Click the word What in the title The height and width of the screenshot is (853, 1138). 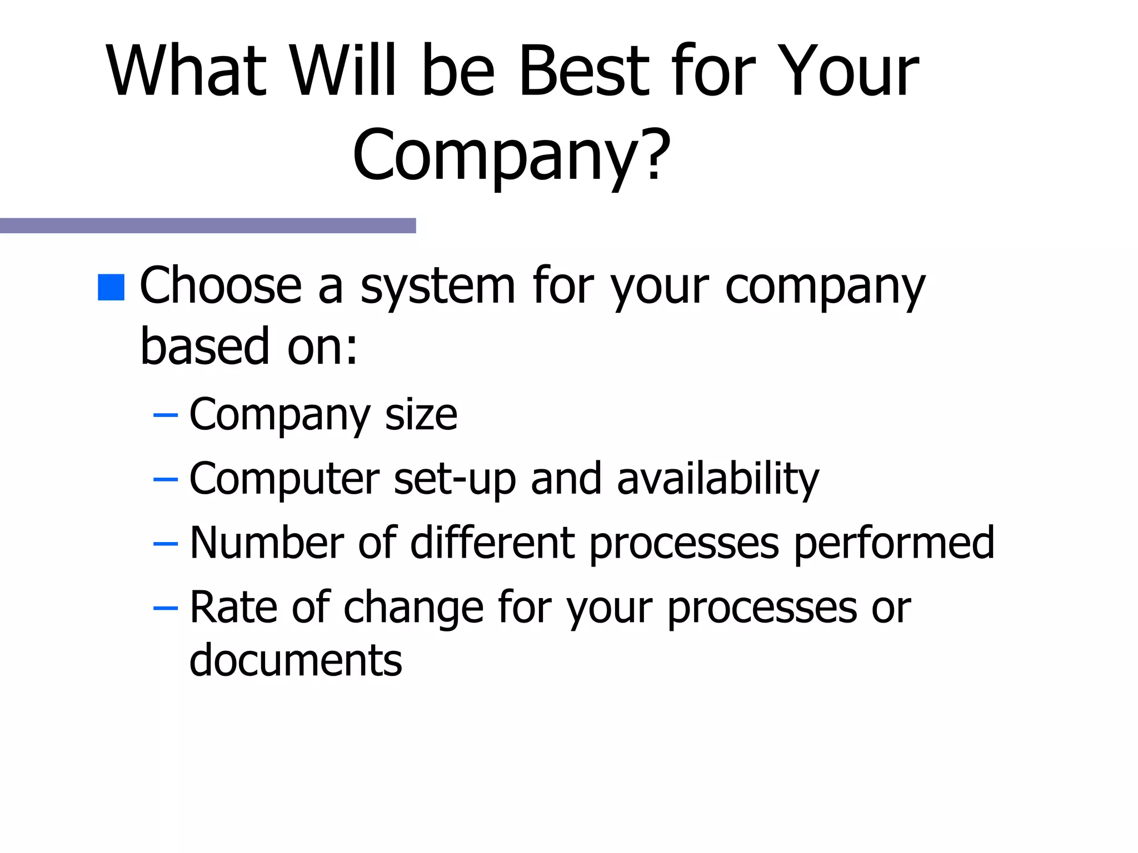pyautogui.click(x=187, y=71)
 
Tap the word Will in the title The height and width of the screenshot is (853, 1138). pyautogui.click(x=343, y=71)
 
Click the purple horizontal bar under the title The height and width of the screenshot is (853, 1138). pyautogui.click(x=208, y=225)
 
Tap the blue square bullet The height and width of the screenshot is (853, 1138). pyautogui.click(x=111, y=288)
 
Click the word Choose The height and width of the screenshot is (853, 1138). pyautogui.click(x=221, y=285)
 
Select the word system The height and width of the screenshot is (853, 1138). pyautogui.click(x=438, y=288)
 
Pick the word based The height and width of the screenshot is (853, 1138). pyautogui.click(x=204, y=347)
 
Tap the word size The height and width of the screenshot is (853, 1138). pyautogui.click(x=421, y=415)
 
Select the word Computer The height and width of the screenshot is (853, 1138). pyautogui.click(x=284, y=479)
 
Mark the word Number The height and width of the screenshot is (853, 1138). pyautogui.click(x=267, y=543)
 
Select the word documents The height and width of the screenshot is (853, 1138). pyautogui.click(x=296, y=661)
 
